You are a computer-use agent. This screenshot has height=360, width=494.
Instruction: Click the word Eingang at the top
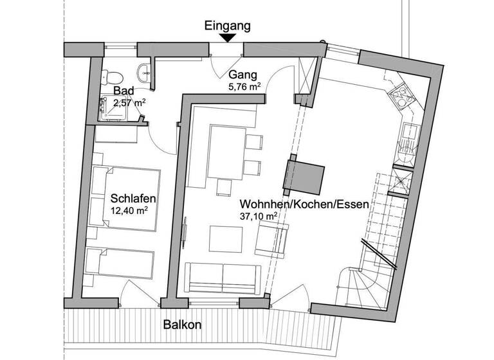(227, 26)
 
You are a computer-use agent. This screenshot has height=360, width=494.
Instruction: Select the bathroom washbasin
(143, 71)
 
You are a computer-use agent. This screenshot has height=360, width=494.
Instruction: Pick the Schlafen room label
(132, 197)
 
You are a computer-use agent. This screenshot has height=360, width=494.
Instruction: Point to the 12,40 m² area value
(132, 210)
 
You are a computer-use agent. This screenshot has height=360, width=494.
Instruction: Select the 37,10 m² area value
(259, 217)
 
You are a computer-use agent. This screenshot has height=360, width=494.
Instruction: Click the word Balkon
(182, 325)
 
